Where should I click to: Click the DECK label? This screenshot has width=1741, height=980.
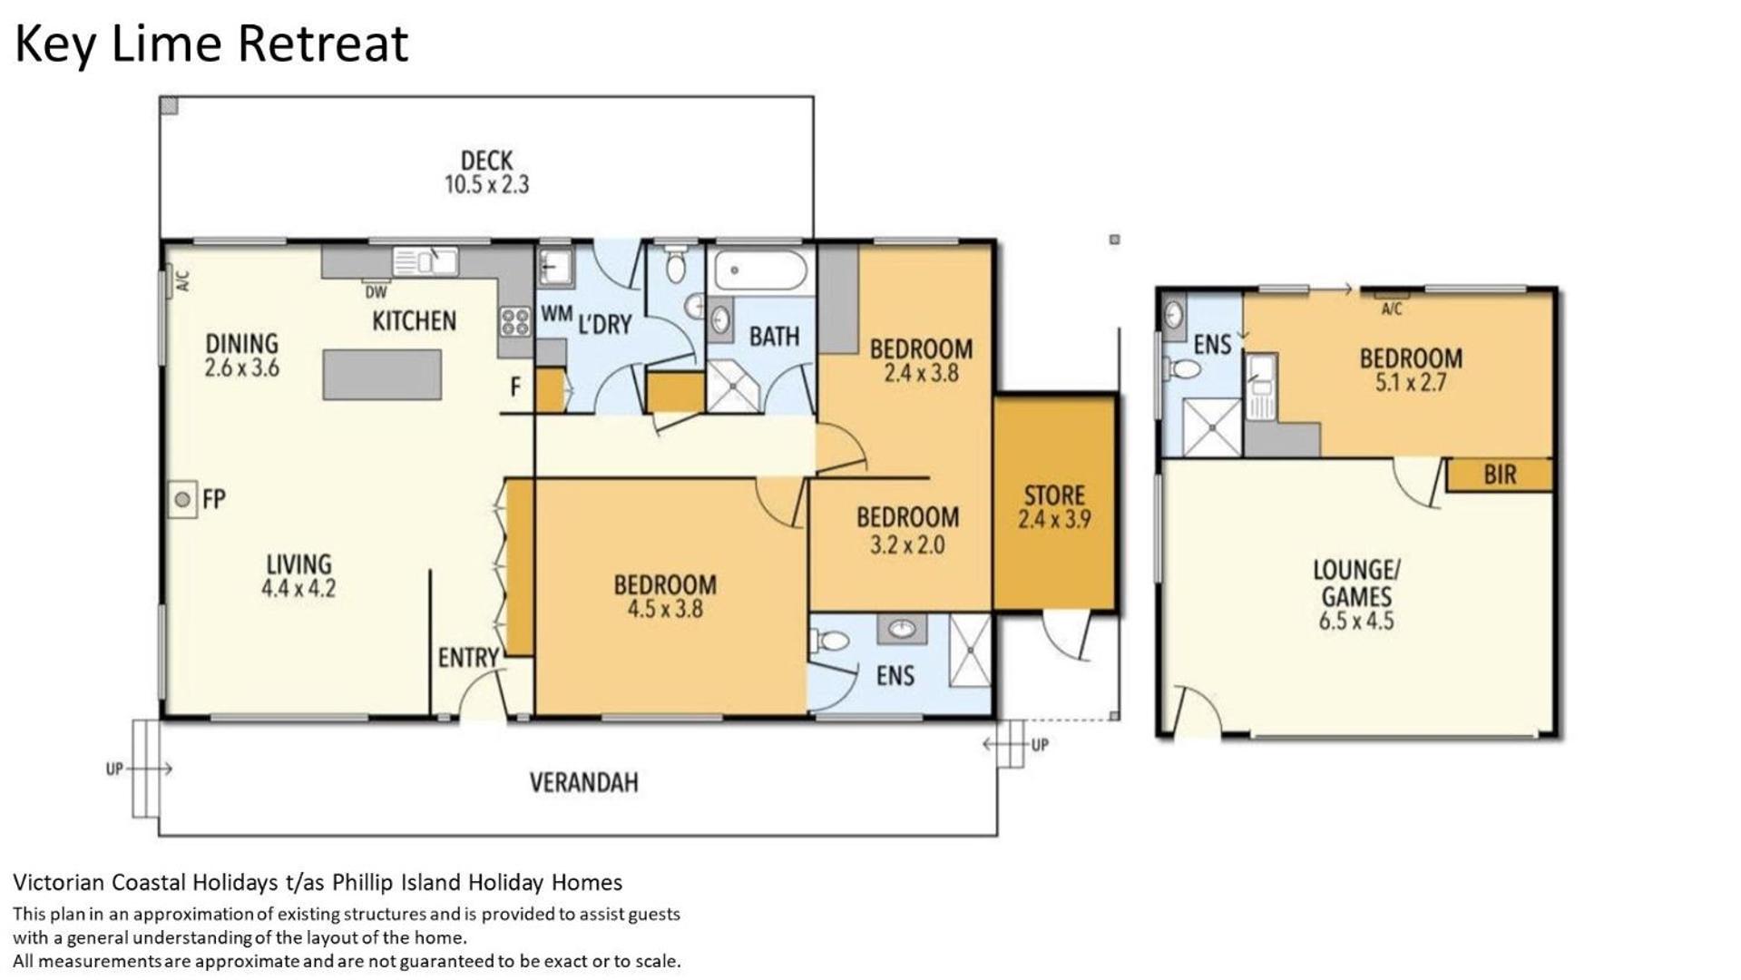[x=487, y=161]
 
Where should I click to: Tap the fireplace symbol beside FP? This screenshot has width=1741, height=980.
[x=182, y=499]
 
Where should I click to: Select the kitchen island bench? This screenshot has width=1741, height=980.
[x=382, y=375]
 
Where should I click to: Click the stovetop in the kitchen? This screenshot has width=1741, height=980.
[x=514, y=322]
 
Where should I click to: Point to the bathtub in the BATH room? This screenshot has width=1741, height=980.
[x=759, y=270]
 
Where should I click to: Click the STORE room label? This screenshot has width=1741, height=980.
[x=1054, y=495]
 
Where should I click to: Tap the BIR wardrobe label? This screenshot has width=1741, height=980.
[x=1500, y=475]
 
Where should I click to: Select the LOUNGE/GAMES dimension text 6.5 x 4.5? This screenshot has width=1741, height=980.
[x=1356, y=622]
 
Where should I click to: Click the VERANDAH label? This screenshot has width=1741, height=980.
[x=583, y=782]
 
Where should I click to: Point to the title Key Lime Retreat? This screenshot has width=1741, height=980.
[x=211, y=44]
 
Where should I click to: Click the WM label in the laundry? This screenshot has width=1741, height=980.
[x=556, y=313]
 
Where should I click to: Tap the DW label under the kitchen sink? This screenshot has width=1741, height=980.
[x=376, y=292]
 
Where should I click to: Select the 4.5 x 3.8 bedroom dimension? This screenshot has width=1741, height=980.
[x=665, y=609]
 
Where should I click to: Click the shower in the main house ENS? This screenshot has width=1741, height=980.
[x=969, y=650]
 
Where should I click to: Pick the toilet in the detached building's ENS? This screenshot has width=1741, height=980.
[x=1183, y=370]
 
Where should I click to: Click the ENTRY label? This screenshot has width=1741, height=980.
[x=468, y=658]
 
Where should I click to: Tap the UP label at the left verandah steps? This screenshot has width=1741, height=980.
[x=114, y=769]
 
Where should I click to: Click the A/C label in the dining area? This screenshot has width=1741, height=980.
[x=183, y=281]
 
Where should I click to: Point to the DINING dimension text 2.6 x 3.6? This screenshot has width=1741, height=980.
[x=241, y=368]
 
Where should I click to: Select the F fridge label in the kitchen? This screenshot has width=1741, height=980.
[x=515, y=387]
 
